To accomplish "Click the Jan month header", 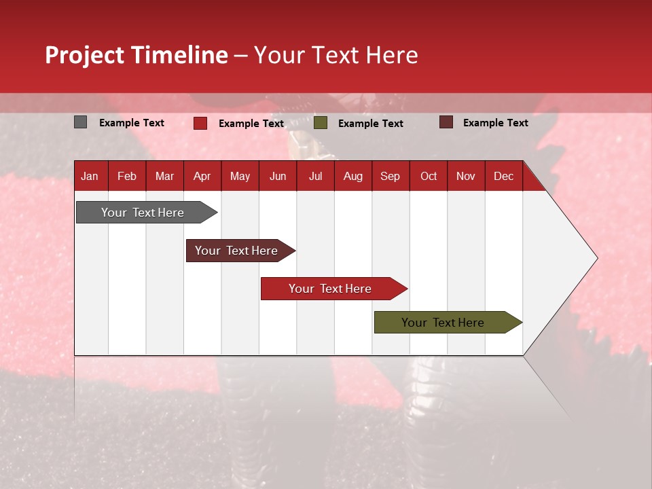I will coord(90,177).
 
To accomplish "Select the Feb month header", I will coord(127,177).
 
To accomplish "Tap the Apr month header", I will coord(202,177).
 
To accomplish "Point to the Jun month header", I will coord(278,177).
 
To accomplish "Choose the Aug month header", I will coord(352,177).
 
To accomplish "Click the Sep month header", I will coord(390,177).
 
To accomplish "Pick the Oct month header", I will coord(429,177).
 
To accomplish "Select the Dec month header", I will coord(503,177).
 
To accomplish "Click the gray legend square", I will coord(81,122).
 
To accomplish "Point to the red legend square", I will coord(200,123).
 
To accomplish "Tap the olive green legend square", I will coord(321,123).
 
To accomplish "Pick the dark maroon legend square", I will coord(446,122).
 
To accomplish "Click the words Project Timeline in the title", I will coord(137,55).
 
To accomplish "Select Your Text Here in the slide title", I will coord(336,55).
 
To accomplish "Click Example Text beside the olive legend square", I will coord(370,124).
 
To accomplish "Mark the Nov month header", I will coord(466,177).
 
